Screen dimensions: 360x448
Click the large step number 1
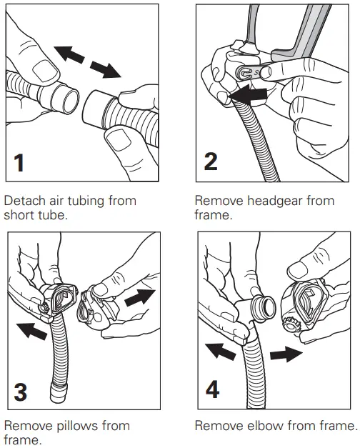coord(19,163)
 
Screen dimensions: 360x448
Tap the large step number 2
coord(211,161)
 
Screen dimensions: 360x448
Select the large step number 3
coord(21,392)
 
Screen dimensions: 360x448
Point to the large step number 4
coord(213,389)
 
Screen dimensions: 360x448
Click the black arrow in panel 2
coord(248,95)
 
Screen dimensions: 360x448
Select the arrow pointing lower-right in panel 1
coord(106,69)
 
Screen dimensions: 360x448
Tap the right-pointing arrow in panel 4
coord(286,354)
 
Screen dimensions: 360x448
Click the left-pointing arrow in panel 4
coord(221,352)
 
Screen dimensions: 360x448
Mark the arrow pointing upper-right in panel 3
coord(140,298)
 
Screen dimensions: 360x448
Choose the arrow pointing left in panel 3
coord(31,331)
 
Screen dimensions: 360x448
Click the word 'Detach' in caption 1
coord(25,201)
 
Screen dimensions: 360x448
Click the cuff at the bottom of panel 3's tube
coord(59,393)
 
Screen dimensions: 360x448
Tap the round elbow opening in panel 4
coord(264,308)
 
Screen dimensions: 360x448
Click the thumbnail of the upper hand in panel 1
coord(45,70)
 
